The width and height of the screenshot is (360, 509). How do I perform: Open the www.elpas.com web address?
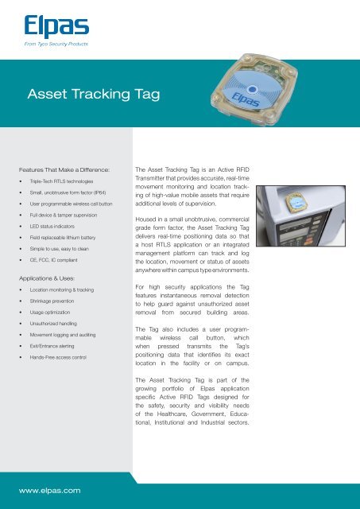pos(52,491)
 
